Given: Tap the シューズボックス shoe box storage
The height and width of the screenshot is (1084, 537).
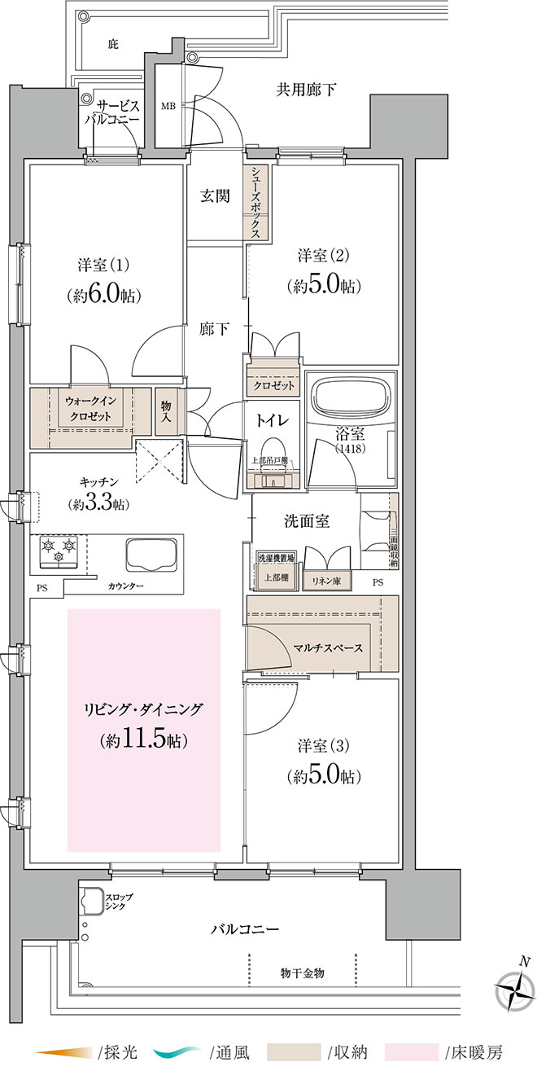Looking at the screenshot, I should (255, 202).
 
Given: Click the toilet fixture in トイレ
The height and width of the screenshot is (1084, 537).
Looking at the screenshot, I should (273, 454).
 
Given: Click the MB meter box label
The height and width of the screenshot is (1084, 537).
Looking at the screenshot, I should (168, 105).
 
